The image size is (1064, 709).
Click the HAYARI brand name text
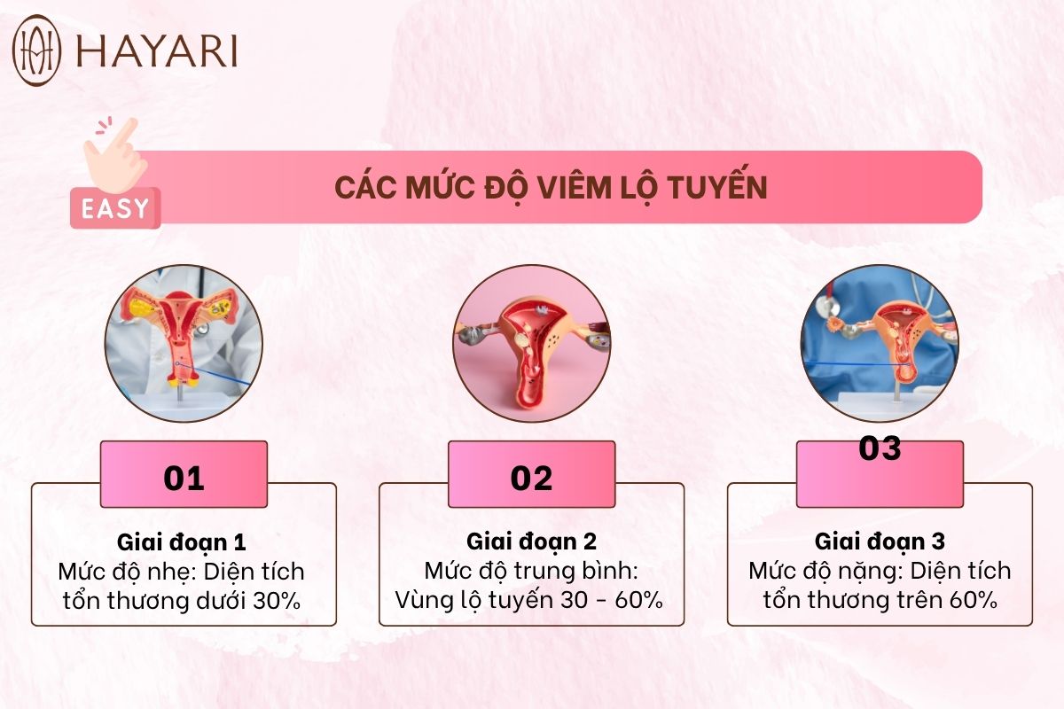pos(157,51)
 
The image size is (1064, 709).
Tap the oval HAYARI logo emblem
pos(36,51)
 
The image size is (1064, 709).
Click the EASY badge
pos(115,208)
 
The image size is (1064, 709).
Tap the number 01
pos(184,479)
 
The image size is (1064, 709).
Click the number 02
pos(531,479)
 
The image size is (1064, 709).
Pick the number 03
pos(880,448)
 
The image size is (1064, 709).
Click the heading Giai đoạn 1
pos(182,542)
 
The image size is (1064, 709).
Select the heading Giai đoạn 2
pos(531,541)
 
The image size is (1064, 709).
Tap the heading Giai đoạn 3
pos(880,541)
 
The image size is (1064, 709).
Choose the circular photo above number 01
pos(184,343)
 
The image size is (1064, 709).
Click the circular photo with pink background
pos(531,343)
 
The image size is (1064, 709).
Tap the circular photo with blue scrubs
pos(880,343)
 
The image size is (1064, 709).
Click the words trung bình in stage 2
pos(576,572)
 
